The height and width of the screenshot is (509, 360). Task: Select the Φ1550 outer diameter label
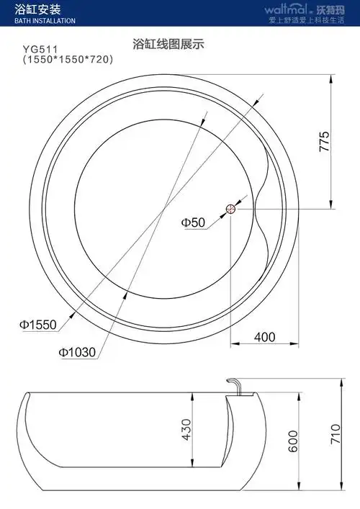[37, 325]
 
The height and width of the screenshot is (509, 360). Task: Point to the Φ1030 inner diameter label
[77, 353]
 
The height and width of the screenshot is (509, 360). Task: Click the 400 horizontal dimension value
[265, 336]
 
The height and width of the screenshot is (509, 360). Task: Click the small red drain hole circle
[230, 209]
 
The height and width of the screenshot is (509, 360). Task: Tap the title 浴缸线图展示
[168, 44]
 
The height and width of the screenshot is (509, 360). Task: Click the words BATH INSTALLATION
[45, 21]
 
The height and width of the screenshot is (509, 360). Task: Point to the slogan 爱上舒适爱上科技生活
[309, 21]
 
